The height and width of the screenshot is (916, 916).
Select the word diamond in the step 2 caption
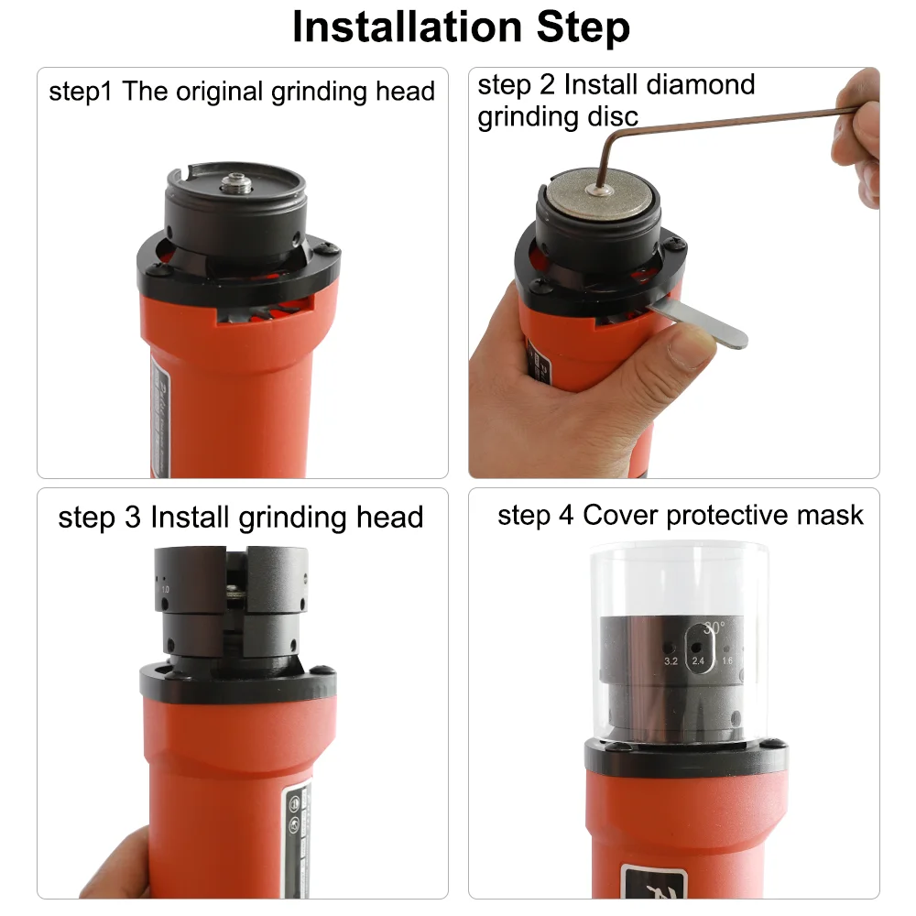click(x=699, y=85)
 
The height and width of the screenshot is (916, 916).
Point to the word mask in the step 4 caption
click(x=830, y=515)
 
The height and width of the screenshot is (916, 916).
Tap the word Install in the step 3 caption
click(x=189, y=518)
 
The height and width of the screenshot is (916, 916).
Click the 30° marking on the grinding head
click(x=714, y=629)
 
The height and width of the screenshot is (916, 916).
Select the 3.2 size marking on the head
click(x=671, y=660)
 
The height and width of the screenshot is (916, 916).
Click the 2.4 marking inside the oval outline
click(x=699, y=660)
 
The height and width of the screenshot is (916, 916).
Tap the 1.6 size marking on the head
click(x=727, y=660)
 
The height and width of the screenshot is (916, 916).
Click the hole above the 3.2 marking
click(x=671, y=645)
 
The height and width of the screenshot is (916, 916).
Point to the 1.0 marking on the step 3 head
click(x=166, y=591)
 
